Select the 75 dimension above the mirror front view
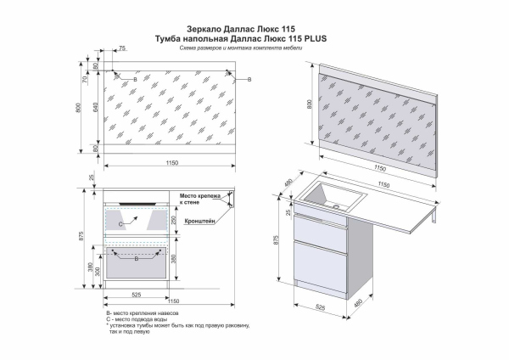(123, 50)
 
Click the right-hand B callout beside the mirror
(249, 78)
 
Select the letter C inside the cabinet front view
(121, 222)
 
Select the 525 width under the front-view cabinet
(136, 295)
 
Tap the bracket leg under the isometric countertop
(433, 220)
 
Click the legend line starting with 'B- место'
(143, 314)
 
